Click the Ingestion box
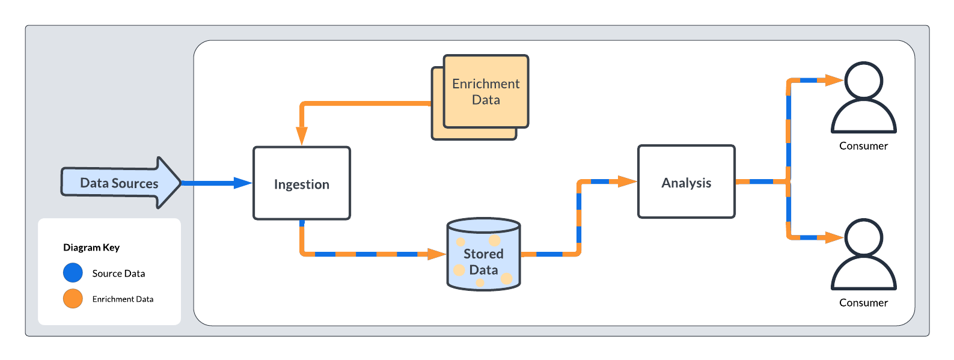point(301,183)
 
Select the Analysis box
point(686,182)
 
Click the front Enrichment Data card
point(486,91)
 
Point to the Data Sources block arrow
point(120,183)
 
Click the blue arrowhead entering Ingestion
point(243,183)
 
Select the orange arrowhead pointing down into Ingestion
point(302,136)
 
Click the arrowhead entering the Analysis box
point(628,181)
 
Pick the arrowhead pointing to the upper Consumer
point(834,80)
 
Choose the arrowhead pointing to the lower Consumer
point(834,238)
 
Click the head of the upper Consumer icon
point(863,80)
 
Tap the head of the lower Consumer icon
point(863,237)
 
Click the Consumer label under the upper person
point(863,146)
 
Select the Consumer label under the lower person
point(863,303)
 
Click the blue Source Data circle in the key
point(73,273)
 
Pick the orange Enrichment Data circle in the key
point(73,299)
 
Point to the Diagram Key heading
point(91,248)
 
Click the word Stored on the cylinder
point(483,254)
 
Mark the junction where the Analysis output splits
point(789,181)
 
